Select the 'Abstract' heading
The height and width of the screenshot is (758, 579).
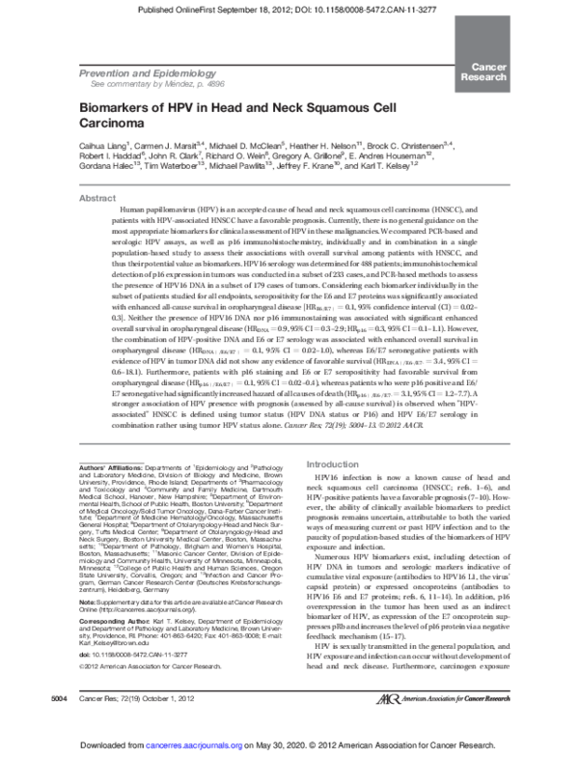[x=97, y=198]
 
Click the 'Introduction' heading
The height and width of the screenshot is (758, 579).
[x=332, y=464]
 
